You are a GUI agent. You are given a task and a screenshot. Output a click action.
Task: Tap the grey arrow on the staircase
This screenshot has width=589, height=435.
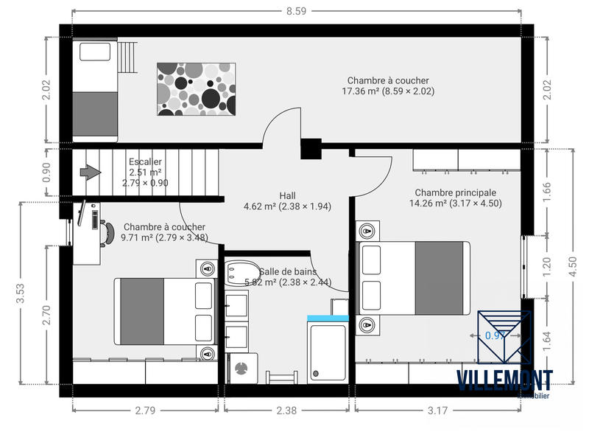tap(90, 173)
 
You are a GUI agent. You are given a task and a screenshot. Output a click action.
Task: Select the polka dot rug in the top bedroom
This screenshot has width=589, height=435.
tap(196, 89)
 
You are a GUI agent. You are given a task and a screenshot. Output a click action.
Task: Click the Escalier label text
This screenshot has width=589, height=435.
tap(145, 161)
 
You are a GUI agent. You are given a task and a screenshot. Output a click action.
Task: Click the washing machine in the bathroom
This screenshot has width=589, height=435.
tap(242, 367)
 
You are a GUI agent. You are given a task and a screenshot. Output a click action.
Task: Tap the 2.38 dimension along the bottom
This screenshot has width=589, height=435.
tap(287, 411)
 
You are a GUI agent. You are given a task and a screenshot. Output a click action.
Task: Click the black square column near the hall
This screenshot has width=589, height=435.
tap(311, 149)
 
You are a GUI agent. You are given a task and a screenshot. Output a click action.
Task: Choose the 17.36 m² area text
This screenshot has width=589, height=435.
tap(388, 91)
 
